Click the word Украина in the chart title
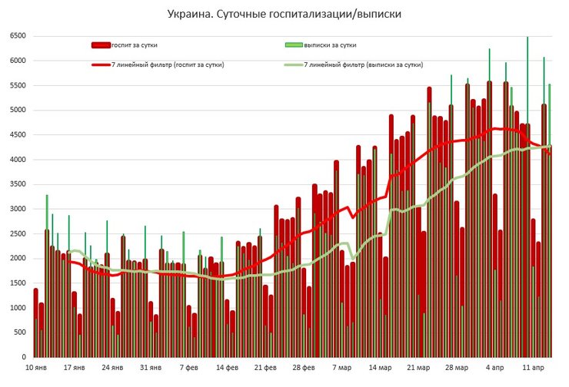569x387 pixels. [190, 14]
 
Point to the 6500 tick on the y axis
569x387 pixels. [18, 36]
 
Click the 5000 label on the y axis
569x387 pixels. [18, 111]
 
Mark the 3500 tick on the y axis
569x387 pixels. [18, 184]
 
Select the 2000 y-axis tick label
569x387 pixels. [18, 259]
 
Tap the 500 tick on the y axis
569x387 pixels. [21, 332]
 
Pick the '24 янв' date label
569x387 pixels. [112, 368]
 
